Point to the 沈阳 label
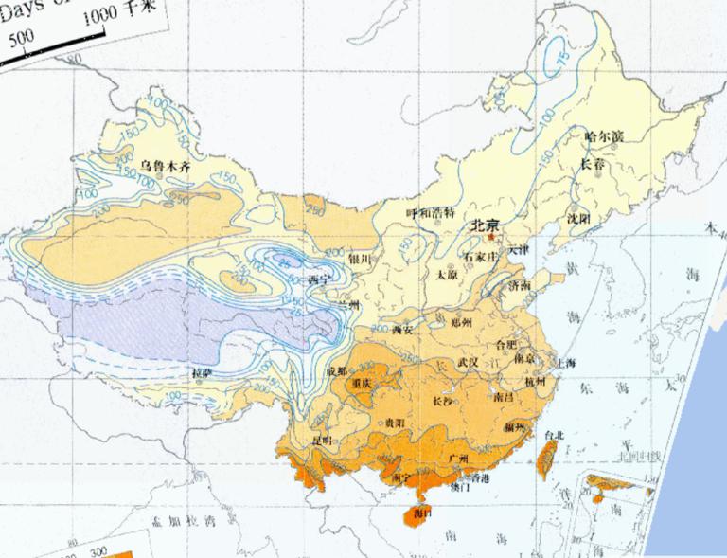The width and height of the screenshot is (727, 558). pos(578,219)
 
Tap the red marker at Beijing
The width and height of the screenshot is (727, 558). pos(492,236)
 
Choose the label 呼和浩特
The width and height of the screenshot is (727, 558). pos(430,213)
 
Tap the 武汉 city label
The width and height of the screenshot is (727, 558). pos(468,362)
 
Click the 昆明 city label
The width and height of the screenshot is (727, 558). pos(322,441)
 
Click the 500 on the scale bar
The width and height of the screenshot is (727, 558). pos(21,39)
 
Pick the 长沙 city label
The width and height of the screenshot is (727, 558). pos(442,401)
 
